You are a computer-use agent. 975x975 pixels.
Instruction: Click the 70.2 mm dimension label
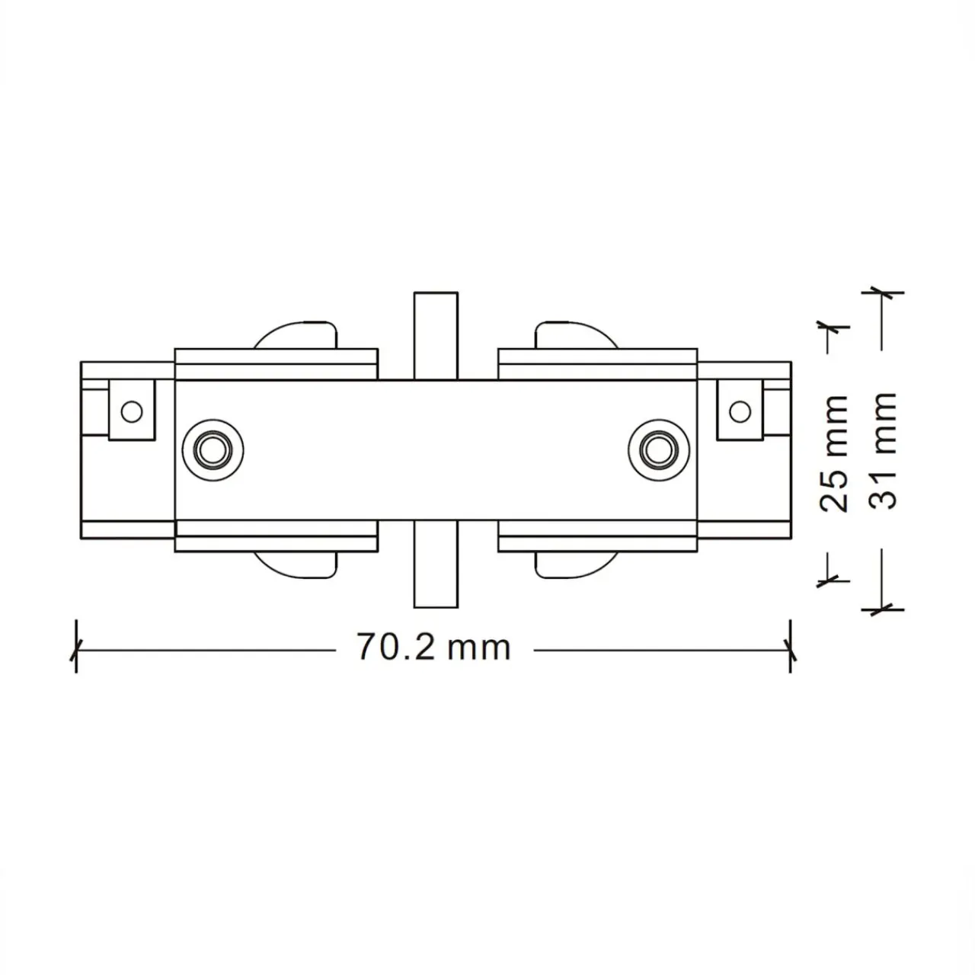[x=433, y=646]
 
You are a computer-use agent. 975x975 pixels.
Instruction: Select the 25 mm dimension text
[x=833, y=454]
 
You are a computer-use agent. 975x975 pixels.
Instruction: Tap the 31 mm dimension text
[x=882, y=450]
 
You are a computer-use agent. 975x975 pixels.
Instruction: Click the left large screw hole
[x=213, y=450]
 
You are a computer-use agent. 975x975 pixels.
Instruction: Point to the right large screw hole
[x=659, y=450]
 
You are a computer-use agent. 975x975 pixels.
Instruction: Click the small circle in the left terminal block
[x=132, y=412]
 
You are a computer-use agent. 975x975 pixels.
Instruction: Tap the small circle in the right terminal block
[x=740, y=412]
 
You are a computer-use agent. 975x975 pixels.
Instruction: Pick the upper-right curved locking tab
[x=577, y=334]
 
